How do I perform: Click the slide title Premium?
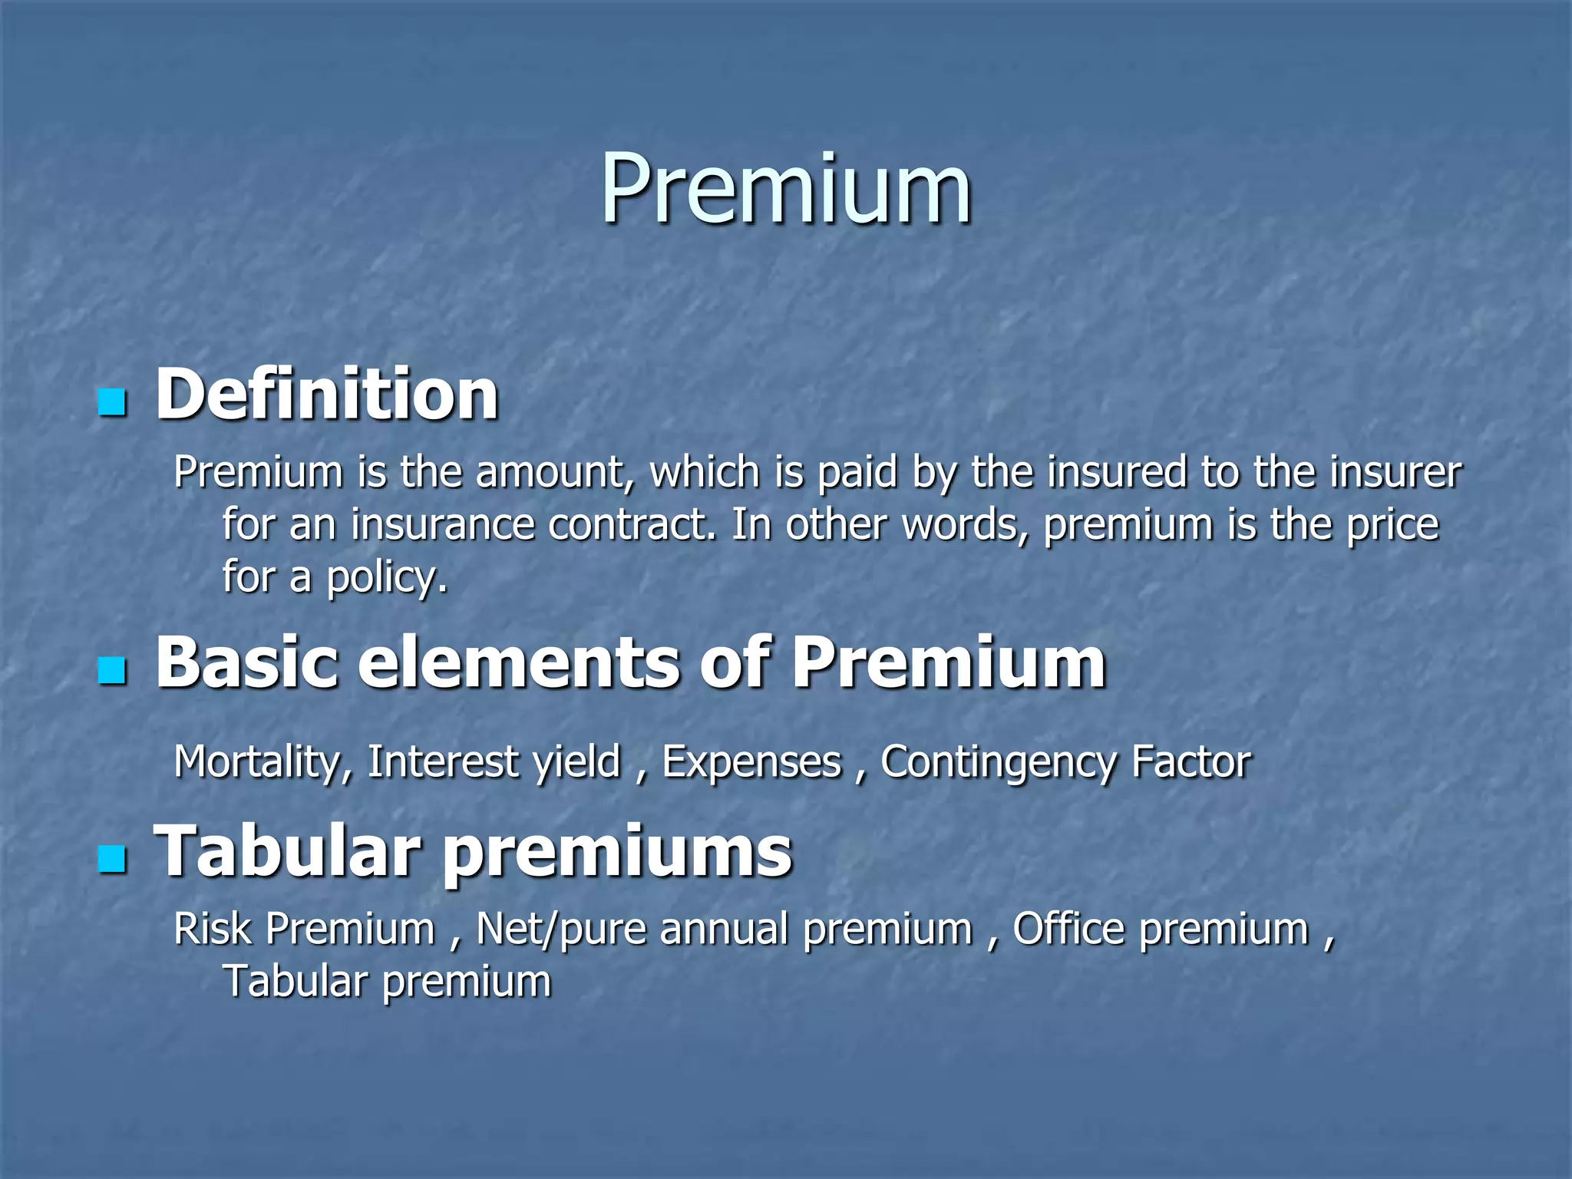coord(786,189)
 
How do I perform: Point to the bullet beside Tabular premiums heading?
coord(113,859)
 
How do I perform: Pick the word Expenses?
coord(751,763)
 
